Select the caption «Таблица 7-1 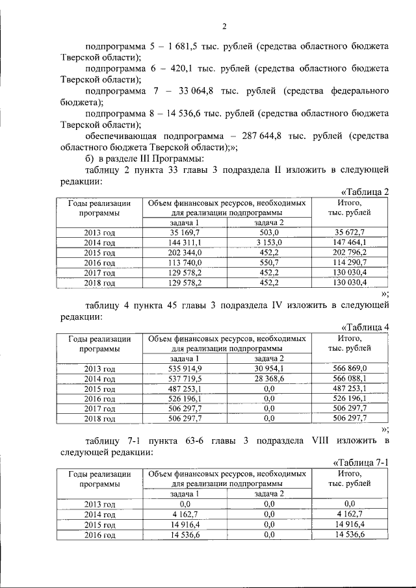360,462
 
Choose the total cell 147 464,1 350,242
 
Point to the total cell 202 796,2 350,253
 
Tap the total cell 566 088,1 350,377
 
